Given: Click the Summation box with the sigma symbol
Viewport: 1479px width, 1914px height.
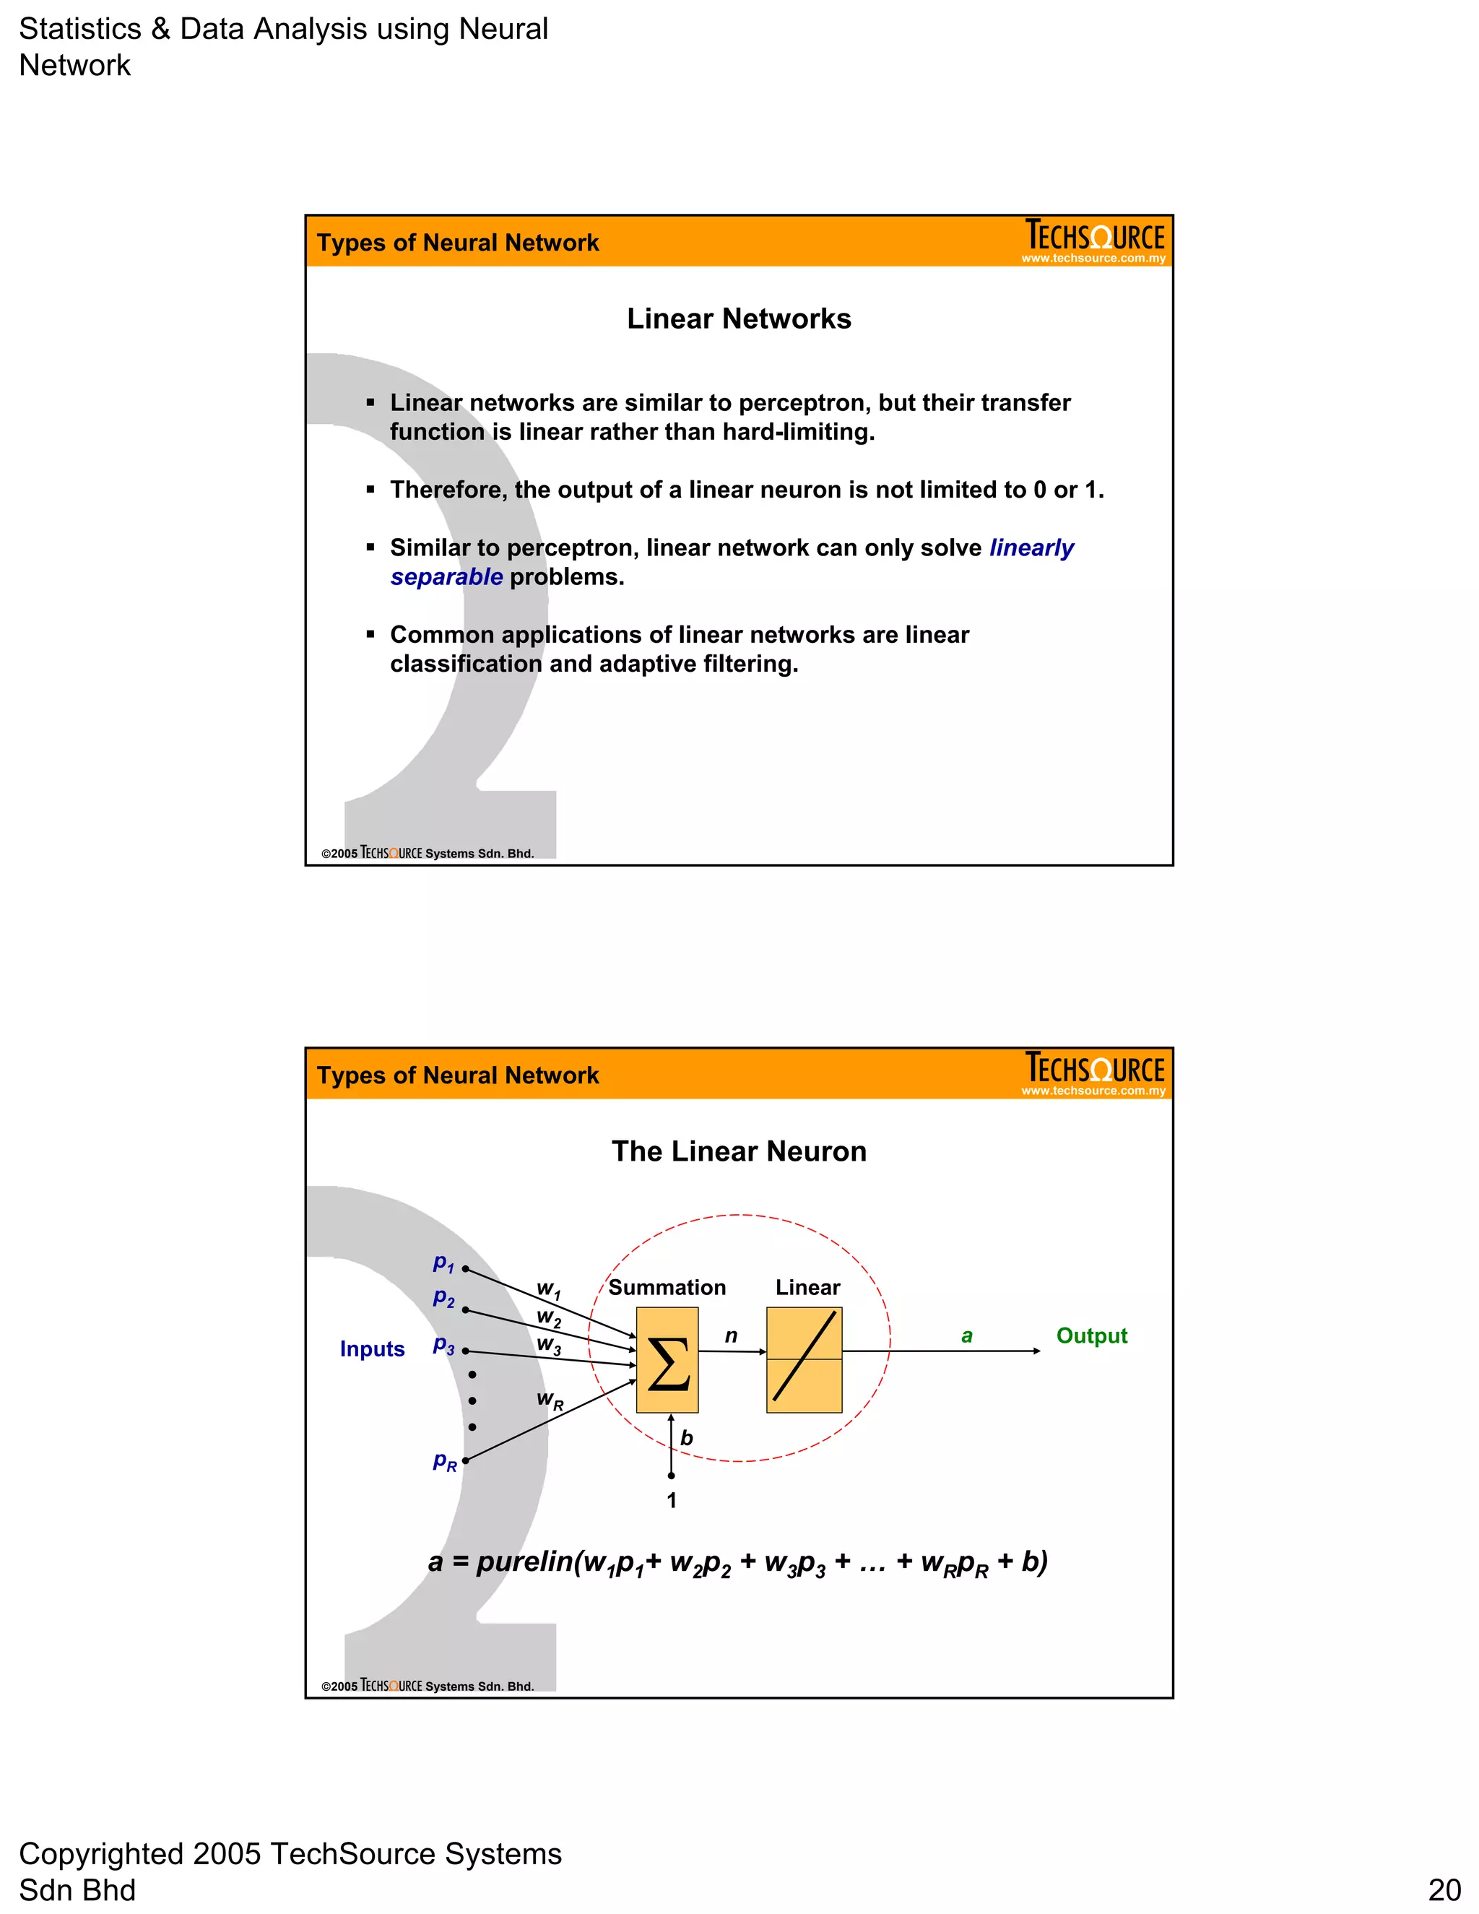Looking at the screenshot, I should point(667,1359).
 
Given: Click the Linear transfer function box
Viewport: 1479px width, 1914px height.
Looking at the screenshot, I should point(804,1359).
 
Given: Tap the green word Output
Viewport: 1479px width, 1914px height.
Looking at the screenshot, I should point(1091,1335).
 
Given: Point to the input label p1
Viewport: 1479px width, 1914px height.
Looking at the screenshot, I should point(443,1263).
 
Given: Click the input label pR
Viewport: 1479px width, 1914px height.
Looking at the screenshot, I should point(444,1461).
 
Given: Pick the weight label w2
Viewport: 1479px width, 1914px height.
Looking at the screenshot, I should point(549,1317).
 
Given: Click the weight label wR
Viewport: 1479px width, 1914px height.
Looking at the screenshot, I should point(550,1400).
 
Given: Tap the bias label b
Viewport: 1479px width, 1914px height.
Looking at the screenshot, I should point(686,1438).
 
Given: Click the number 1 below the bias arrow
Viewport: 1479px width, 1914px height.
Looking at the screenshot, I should point(671,1500).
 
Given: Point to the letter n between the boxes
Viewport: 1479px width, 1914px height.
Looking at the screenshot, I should point(731,1335).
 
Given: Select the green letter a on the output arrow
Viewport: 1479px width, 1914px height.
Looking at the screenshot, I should point(966,1335).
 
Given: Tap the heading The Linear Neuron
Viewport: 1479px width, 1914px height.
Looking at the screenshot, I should point(739,1151).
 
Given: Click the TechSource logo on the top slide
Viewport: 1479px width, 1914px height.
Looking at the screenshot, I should point(1094,240).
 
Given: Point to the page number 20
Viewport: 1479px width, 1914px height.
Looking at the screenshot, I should point(1444,1889).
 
